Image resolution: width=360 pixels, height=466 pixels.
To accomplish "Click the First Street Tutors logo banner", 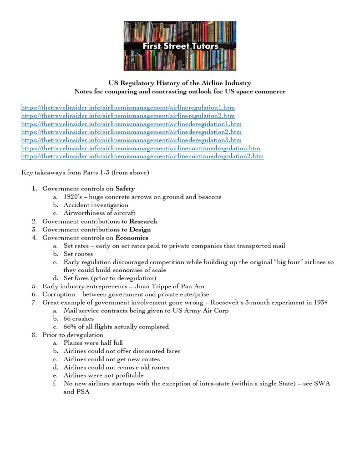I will [x=179, y=46].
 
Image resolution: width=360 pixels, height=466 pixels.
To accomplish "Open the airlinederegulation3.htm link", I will [x=132, y=140].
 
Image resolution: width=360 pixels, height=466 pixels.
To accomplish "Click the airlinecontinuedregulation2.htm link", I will [x=142, y=156].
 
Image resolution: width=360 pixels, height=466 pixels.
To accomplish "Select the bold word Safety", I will [x=125, y=189].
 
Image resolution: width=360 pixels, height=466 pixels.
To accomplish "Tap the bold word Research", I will [x=143, y=221].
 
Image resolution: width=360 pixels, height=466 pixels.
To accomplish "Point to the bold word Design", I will [x=140, y=230].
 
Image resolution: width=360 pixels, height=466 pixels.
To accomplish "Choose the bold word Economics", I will [x=132, y=238].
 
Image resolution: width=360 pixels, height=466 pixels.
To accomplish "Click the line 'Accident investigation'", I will [x=96, y=205].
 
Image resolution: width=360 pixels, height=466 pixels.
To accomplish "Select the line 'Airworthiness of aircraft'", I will [x=99, y=213].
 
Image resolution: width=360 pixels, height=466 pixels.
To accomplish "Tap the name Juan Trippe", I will [x=156, y=287].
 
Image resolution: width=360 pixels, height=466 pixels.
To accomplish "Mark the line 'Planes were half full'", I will [x=93, y=343].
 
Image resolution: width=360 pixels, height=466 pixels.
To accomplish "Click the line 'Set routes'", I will [x=78, y=254].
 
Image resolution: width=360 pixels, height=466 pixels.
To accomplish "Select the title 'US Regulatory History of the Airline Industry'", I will [x=179, y=83].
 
